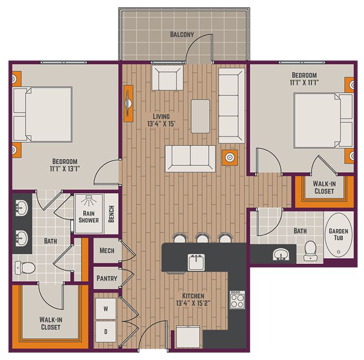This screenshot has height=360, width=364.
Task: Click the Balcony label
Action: click(x=182, y=34)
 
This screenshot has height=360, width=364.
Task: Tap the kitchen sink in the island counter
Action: click(x=196, y=262)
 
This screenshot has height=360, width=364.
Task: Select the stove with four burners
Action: click(x=237, y=300)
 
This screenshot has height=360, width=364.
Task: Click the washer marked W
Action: click(x=106, y=308)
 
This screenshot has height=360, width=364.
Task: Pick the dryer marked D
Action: click(x=106, y=331)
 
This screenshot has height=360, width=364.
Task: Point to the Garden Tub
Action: click(x=339, y=235)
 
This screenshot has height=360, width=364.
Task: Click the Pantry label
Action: click(x=107, y=278)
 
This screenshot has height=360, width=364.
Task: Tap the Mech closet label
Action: click(x=107, y=251)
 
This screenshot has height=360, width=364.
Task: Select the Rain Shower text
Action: click(x=89, y=217)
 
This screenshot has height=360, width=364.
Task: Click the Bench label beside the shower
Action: click(x=111, y=214)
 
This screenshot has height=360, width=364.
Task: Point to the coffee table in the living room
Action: click(x=201, y=116)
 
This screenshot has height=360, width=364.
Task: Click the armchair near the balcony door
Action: click(x=167, y=78)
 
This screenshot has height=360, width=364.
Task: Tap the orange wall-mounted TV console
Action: click(x=128, y=104)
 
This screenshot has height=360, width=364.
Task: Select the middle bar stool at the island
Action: click(x=203, y=238)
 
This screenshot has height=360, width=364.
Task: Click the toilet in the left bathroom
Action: click(x=25, y=268)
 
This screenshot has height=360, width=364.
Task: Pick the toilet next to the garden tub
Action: click(x=310, y=251)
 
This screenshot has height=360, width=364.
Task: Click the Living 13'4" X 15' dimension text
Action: click(x=161, y=120)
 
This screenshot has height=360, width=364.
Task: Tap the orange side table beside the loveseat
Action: click(x=230, y=158)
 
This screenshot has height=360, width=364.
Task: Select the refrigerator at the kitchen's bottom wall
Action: click(x=188, y=337)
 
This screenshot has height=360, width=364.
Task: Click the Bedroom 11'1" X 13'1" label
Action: click(x=65, y=165)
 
